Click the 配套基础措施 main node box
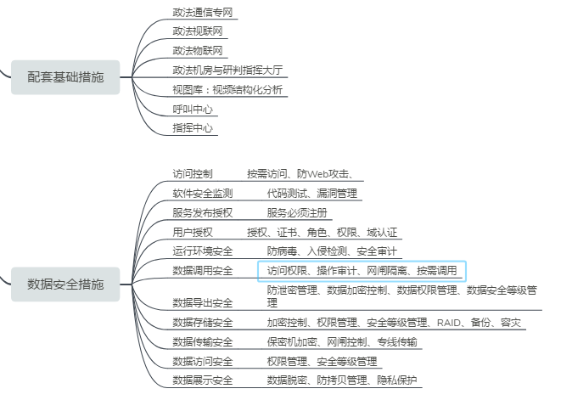click(65, 77)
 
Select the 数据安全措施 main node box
click(65, 284)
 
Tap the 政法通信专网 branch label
click(202, 13)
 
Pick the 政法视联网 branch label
click(197, 32)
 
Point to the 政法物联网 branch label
click(197, 51)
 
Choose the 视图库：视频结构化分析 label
click(227, 90)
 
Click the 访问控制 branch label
click(193, 174)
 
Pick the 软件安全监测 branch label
click(202, 194)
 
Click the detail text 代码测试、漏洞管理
click(311, 194)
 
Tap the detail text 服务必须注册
click(297, 213)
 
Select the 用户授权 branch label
click(193, 233)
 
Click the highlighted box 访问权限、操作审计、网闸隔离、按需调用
click(362, 271)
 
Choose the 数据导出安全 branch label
click(202, 303)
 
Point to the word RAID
click(450, 323)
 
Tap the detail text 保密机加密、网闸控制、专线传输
click(341, 342)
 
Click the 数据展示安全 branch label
click(202, 380)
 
